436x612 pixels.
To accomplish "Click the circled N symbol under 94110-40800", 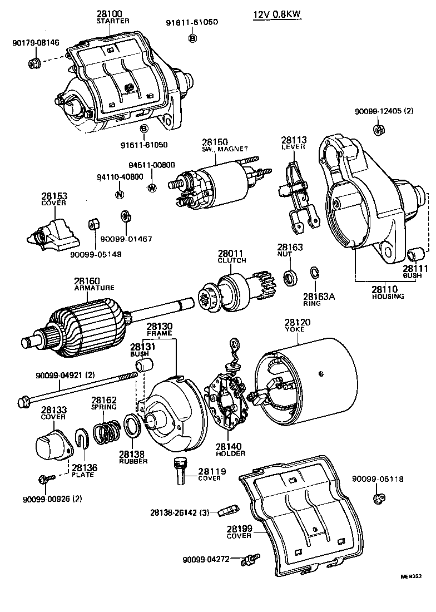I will tap(118, 194).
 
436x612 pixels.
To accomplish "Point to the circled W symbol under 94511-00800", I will tap(151, 188).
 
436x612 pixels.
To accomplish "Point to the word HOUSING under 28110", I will tap(388, 297).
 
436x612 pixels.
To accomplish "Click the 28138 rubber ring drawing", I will tap(132, 427).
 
